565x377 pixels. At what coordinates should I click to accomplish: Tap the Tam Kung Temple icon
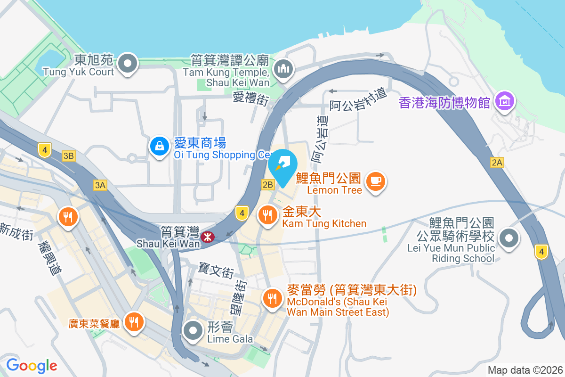(284, 69)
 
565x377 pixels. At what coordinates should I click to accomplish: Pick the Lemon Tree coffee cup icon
(375, 180)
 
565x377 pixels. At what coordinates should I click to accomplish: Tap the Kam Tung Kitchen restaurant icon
(268, 215)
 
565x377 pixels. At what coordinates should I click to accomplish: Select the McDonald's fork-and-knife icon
(272, 298)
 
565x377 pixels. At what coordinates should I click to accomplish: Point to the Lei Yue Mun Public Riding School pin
(509, 238)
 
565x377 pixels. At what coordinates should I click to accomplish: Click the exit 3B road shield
(69, 156)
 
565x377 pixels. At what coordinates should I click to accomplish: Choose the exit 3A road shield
(100, 186)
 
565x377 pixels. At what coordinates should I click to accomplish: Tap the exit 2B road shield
(267, 185)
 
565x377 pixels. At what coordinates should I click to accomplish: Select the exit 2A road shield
(497, 163)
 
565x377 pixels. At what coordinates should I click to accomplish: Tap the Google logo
(32, 366)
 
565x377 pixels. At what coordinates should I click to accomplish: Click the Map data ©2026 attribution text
(525, 370)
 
